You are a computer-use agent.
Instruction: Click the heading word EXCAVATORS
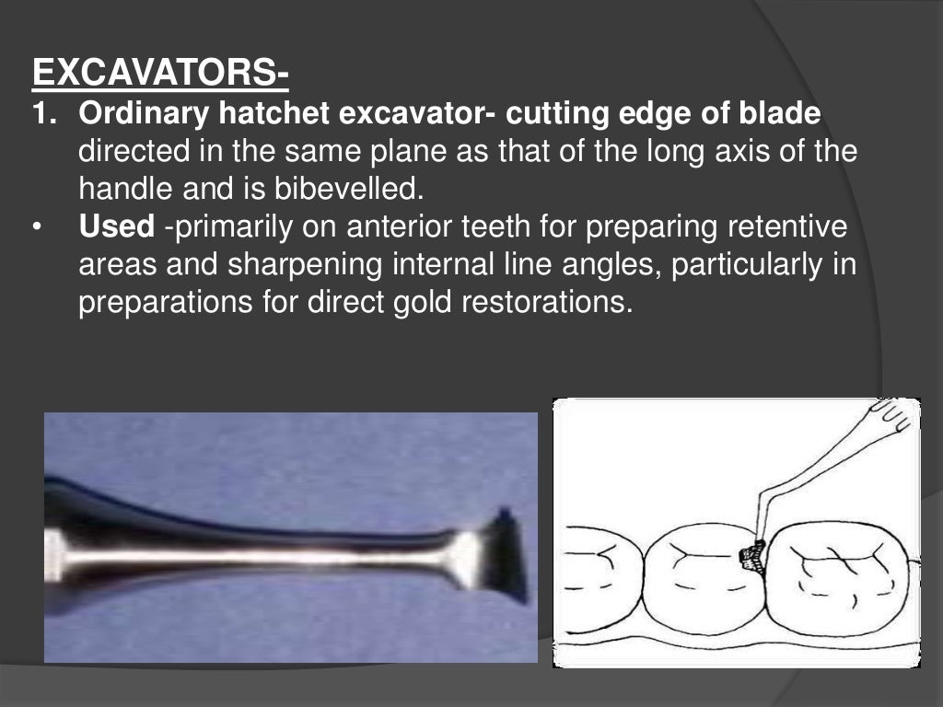point(156,71)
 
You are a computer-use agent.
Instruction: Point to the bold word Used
point(116,226)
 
